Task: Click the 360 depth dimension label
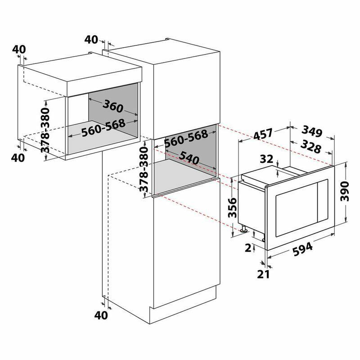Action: coord(113,107)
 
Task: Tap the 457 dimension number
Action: coord(263,134)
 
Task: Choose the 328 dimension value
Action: coord(310,147)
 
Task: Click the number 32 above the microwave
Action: coord(266,159)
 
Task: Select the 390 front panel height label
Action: coord(344,191)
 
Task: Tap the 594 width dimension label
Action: coord(302,249)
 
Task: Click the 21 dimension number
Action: coord(263,274)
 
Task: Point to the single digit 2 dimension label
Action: coord(248,248)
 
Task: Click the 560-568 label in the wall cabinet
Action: coord(103,128)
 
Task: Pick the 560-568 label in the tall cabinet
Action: coord(186,139)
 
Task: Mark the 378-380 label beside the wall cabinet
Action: coord(45,130)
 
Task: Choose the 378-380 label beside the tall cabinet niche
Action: coord(144,170)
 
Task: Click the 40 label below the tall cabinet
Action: coord(101,315)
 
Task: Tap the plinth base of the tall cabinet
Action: coord(183,303)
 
